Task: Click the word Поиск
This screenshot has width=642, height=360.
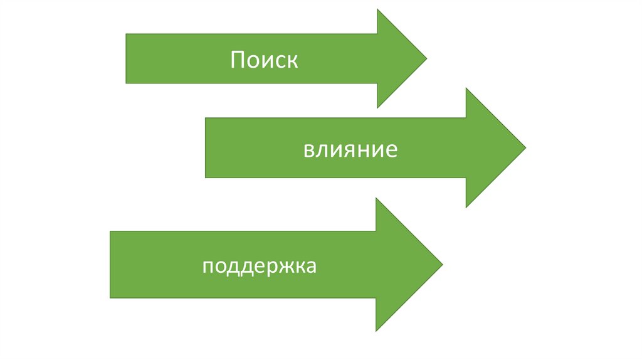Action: pos(263,60)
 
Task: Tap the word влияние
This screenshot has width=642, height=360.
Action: pos(350,151)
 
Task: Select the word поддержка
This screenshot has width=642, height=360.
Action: pos(260,266)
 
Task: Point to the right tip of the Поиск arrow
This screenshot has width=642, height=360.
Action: pos(426,59)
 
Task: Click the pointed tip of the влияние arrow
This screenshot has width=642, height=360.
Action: pos(525,148)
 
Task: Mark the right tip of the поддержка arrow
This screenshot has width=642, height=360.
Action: pos(443,264)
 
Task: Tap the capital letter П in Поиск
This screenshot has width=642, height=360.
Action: pos(237,60)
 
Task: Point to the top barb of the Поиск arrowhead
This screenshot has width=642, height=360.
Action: pos(377,10)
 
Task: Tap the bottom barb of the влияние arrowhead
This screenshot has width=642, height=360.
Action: pos(466,208)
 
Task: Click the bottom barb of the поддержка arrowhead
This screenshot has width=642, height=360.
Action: pos(376,331)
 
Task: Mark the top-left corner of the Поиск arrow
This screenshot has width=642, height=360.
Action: pos(126,34)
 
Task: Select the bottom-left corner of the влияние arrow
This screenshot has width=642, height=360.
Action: pos(205,177)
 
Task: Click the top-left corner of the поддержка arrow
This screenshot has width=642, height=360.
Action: pos(110,231)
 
